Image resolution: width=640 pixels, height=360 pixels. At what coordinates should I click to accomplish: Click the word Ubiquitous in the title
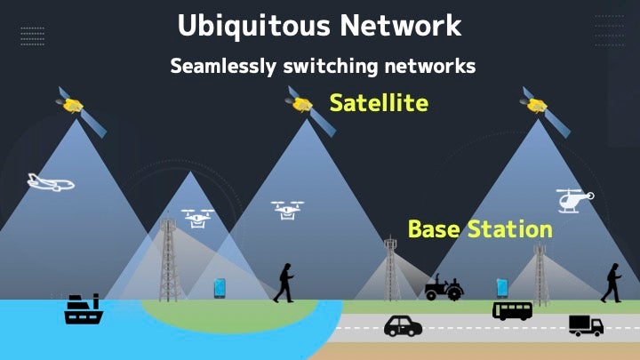253,26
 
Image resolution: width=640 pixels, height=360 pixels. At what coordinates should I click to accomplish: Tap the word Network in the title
401,25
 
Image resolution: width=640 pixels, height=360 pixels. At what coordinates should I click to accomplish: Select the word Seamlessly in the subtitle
223,66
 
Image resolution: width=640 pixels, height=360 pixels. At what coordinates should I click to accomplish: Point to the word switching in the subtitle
331,67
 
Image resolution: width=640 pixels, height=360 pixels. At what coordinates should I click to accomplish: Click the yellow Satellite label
379,102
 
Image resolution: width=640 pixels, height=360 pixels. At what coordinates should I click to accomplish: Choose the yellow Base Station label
480,229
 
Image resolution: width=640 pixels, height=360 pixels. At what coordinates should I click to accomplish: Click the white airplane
51,182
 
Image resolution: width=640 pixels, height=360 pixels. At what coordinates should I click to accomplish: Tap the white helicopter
575,200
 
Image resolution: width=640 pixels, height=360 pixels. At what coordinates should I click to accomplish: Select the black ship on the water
84,309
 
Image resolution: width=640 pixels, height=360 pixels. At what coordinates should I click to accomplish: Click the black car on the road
403,326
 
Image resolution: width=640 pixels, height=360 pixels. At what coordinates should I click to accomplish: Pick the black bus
512,311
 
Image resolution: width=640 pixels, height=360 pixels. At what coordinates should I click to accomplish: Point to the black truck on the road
586,325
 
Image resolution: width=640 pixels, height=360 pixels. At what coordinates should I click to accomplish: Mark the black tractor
444,287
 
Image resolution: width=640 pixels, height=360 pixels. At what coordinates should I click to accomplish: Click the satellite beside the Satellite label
310,110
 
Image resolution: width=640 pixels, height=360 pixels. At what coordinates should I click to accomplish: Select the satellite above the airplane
81,111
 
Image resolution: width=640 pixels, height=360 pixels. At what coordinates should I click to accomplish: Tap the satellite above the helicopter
545,111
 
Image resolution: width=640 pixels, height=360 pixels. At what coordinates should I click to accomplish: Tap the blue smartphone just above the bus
502,288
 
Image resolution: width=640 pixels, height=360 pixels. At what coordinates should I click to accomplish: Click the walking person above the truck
612,283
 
